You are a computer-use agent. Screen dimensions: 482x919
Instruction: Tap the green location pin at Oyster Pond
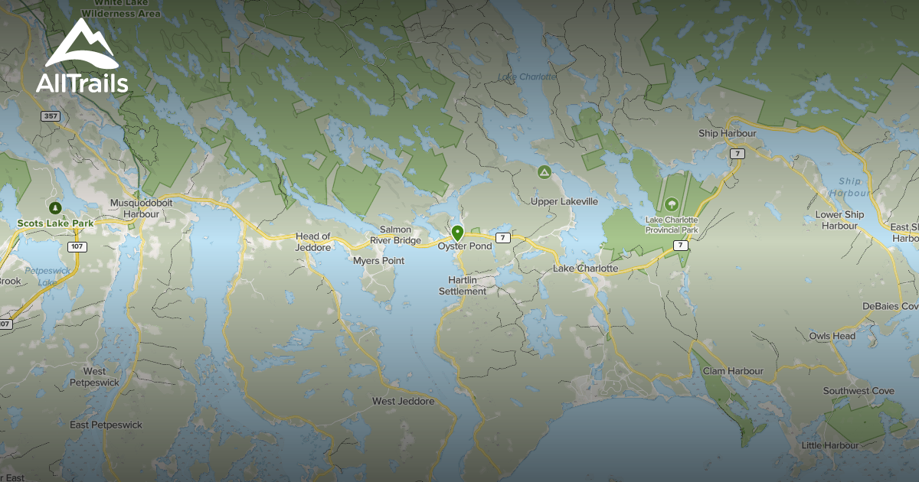point(458,233)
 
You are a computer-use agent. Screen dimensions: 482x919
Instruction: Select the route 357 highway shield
point(51,116)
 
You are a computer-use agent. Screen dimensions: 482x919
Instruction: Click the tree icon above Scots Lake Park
point(54,207)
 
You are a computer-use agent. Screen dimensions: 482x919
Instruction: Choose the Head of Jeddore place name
point(313,242)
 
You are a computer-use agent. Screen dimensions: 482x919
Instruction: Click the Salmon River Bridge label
point(396,236)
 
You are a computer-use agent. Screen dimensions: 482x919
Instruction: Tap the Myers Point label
point(378,261)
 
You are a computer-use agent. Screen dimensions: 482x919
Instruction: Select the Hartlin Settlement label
point(463,285)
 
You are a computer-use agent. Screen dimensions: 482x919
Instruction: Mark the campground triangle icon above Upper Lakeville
point(544,172)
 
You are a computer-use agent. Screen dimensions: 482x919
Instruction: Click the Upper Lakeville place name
point(564,201)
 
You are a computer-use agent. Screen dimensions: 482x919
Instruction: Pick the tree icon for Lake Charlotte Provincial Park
point(672,204)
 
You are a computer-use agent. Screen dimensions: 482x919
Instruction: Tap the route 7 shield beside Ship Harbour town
point(737,154)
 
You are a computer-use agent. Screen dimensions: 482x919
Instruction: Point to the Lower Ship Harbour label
point(839,220)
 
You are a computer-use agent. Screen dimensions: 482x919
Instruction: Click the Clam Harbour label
point(733,371)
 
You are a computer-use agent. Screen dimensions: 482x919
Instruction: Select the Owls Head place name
point(832,336)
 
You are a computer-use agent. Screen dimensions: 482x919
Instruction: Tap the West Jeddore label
point(403,401)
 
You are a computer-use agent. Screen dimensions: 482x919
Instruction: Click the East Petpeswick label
point(106,425)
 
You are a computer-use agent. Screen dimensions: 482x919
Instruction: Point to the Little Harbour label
point(829,445)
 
